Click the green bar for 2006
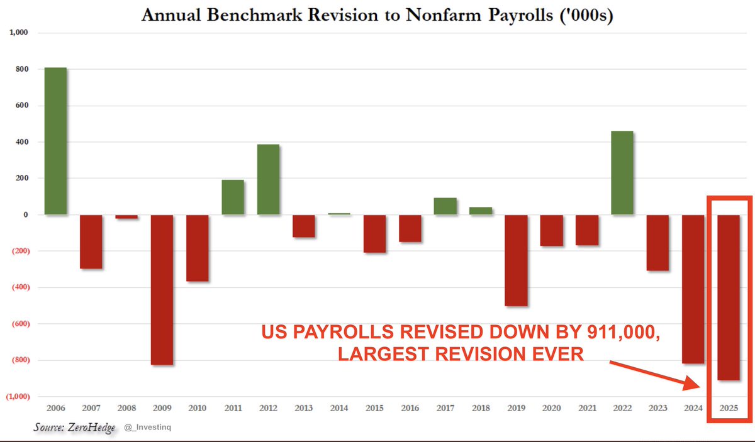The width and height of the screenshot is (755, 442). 55,141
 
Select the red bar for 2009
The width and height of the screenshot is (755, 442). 162,290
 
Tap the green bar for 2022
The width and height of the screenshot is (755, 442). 622,173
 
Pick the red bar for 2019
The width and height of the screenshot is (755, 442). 516,260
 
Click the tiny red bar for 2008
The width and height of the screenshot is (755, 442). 126,217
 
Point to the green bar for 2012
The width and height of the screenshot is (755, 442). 268,180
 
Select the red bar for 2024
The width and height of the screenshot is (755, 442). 693,289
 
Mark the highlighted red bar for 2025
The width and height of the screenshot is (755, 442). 729,297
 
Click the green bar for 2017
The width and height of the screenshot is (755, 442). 445,206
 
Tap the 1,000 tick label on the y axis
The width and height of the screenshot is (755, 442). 19,32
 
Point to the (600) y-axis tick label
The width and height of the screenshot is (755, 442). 21,324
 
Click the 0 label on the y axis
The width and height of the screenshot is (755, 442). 26,214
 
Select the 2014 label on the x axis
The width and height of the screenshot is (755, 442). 339,408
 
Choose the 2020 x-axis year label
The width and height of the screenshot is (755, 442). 551,408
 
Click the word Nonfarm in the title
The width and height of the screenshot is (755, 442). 444,15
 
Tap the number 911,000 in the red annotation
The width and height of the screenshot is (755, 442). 624,333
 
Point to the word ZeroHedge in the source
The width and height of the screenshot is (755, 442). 91,428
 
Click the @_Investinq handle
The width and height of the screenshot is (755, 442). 148,427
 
